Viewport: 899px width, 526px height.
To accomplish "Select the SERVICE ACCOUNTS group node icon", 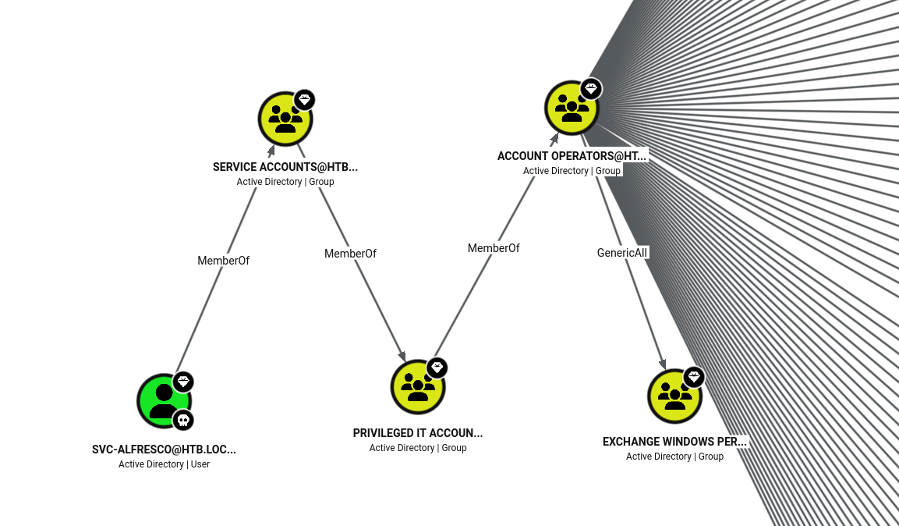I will click(x=285, y=119).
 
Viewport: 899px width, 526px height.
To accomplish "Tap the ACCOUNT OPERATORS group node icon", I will click(x=571, y=108).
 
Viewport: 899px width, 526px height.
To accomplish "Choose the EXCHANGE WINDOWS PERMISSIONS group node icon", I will click(x=674, y=396).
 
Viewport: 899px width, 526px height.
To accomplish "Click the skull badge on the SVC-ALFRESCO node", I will click(x=183, y=421).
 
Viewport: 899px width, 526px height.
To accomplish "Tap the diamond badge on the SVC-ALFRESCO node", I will click(x=183, y=382).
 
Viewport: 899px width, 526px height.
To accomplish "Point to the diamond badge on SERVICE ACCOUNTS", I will click(x=304, y=100).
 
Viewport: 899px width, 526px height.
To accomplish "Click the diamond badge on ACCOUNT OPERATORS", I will click(x=590, y=89).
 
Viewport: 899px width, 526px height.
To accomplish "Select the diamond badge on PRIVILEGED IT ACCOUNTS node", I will click(x=437, y=368).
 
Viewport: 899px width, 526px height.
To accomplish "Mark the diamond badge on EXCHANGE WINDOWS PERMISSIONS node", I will click(x=694, y=378).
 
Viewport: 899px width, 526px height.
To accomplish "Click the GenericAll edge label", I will click(x=622, y=253).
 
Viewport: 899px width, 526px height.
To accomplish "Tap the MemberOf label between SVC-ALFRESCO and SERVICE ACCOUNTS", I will click(x=223, y=261).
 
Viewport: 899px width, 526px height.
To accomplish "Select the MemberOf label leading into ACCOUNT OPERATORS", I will click(x=494, y=248).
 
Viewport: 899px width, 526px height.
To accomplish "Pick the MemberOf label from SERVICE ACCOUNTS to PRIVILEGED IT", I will click(x=350, y=254).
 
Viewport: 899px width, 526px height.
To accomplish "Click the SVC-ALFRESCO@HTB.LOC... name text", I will click(x=164, y=450).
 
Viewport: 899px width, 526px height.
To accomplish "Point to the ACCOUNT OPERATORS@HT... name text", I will click(x=572, y=156).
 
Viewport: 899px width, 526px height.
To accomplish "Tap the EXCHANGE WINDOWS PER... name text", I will click(x=674, y=442).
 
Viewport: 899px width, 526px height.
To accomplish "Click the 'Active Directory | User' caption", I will click(x=164, y=464).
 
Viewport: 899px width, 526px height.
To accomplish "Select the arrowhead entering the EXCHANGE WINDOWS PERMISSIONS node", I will click(x=663, y=364).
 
